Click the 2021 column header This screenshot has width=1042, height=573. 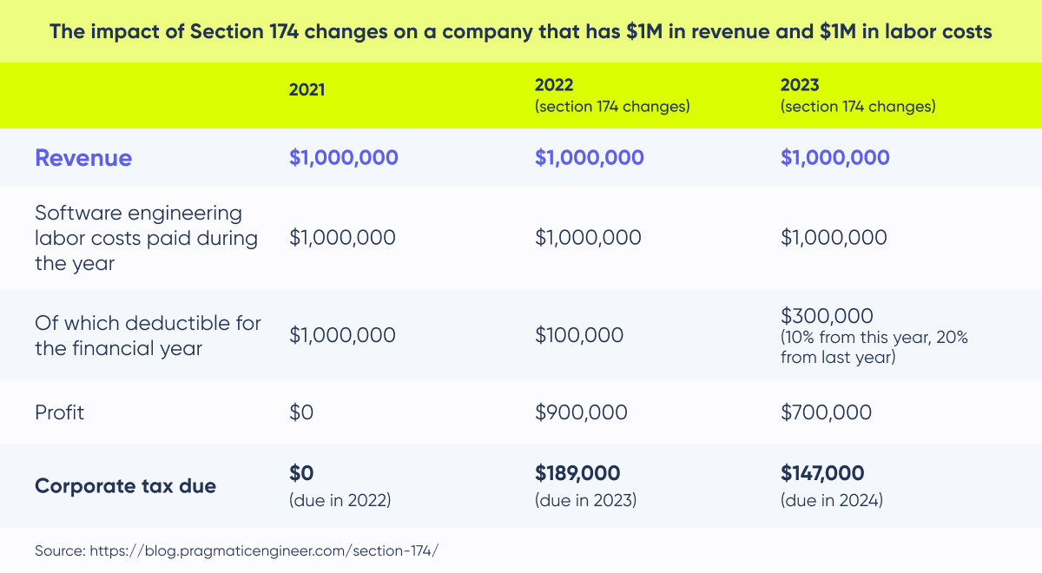307,89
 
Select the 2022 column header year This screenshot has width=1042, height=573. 553,84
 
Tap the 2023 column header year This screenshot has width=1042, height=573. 799,84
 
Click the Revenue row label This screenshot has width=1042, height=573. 83,157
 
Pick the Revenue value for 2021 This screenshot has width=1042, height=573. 343,157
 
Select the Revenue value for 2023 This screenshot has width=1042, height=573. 834,157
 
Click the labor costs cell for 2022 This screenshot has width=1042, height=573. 588,237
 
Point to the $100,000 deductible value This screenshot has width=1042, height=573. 579,334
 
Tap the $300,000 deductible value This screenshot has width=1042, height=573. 827,315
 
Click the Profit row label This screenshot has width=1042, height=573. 59,412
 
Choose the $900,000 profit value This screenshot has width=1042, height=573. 580,412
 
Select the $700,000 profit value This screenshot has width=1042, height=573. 826,412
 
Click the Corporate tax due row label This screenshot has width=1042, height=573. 125,485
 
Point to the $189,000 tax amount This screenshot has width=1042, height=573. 577,473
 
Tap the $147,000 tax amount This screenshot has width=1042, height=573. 822,473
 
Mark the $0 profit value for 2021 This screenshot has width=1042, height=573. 300,412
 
